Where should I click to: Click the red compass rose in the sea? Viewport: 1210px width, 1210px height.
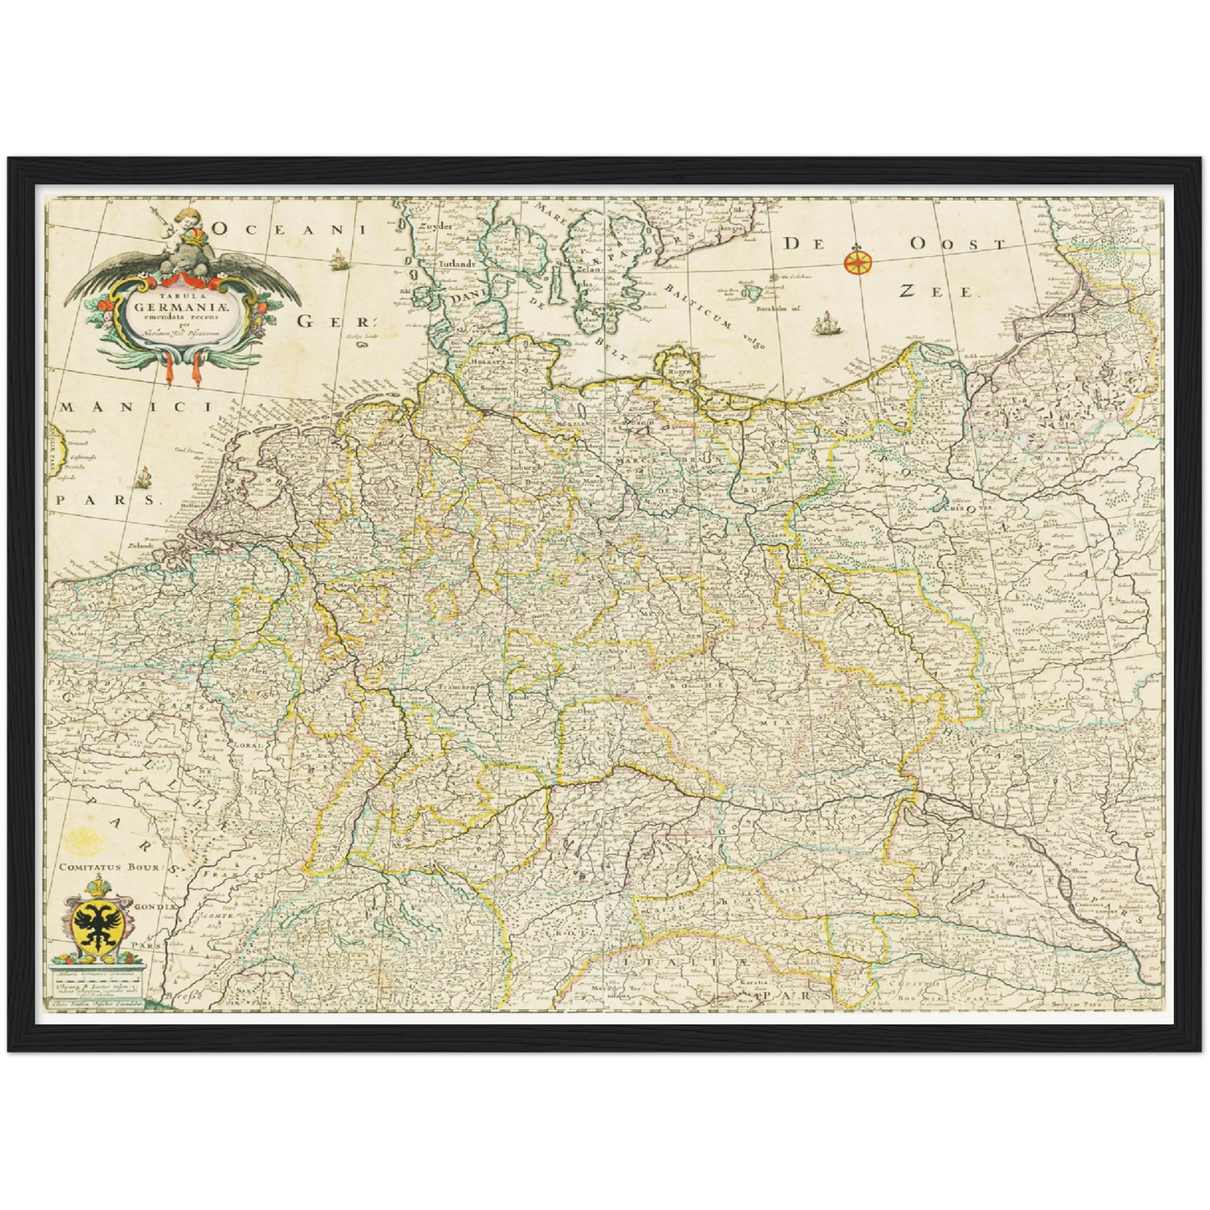(857, 261)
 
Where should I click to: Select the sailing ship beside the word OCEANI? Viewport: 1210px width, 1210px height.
(338, 260)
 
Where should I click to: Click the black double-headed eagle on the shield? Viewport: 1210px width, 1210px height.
(99, 925)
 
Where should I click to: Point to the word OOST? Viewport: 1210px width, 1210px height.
(957, 244)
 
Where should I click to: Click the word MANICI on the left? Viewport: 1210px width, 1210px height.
(134, 407)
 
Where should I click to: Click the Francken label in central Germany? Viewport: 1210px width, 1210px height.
(456, 687)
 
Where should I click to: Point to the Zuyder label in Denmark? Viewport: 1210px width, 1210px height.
(435, 227)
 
